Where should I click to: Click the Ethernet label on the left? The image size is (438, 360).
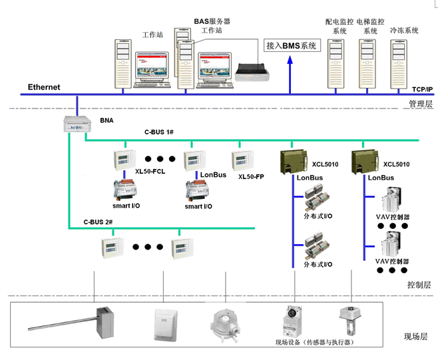(x=44, y=87)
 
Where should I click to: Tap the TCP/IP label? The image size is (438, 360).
(x=422, y=89)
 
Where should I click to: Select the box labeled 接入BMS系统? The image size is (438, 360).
(x=292, y=45)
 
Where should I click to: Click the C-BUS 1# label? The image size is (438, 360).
(x=159, y=133)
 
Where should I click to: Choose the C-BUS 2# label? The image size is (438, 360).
(x=98, y=221)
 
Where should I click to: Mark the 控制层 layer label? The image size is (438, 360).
(x=419, y=285)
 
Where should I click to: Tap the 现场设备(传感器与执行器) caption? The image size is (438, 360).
(x=313, y=342)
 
